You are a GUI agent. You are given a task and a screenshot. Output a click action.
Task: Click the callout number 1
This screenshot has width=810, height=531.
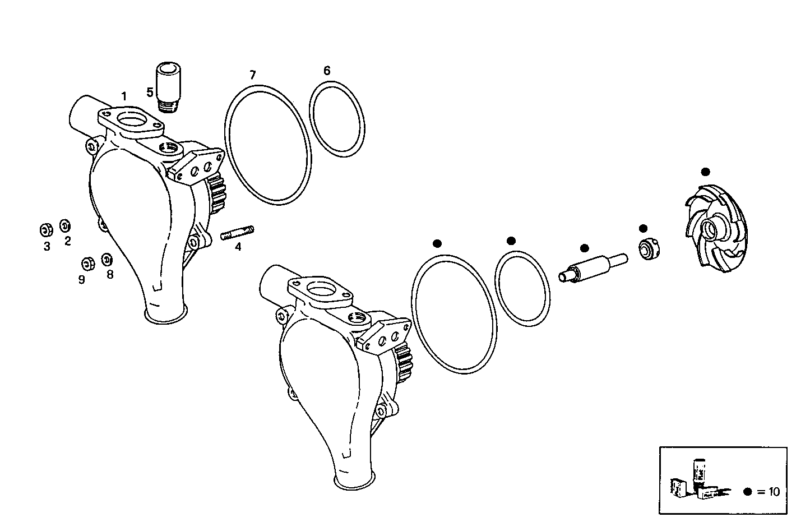pos(124,96)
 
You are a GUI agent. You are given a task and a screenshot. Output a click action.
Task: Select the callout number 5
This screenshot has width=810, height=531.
pos(150,91)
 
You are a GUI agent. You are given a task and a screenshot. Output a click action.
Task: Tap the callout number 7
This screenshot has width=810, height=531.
pos(253,75)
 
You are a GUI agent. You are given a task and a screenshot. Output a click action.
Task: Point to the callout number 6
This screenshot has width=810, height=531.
pos(327,70)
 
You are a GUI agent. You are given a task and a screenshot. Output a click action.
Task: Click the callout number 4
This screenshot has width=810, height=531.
pos(238,246)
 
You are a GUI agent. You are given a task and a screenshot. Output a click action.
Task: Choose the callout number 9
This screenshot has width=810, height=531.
pos(82,279)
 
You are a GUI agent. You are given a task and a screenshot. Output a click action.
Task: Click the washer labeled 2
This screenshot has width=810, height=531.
pos(65,225)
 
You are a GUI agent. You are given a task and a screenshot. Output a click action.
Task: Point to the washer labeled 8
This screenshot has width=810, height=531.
pos(107,260)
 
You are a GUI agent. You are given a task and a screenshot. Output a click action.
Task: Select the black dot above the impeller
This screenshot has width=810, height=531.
pos(705,172)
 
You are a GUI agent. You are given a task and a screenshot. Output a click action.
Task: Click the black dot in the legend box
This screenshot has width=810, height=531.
pos(747,492)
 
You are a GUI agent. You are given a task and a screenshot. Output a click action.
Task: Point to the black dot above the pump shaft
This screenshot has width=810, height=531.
pos(585,248)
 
